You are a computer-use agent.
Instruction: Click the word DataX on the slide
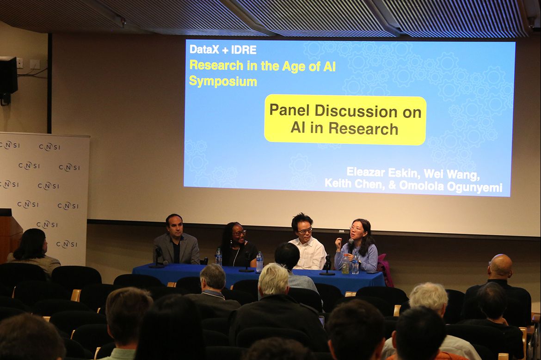(204, 49)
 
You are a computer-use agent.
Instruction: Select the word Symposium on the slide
(223, 81)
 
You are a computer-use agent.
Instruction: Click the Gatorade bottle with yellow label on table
(345, 265)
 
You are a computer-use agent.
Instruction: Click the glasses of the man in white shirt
(305, 230)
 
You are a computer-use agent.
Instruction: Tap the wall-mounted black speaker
(8, 76)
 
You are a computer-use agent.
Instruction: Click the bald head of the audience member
(500, 264)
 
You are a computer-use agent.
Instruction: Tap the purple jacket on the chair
(385, 270)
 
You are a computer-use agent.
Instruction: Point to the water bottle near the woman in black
(219, 257)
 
